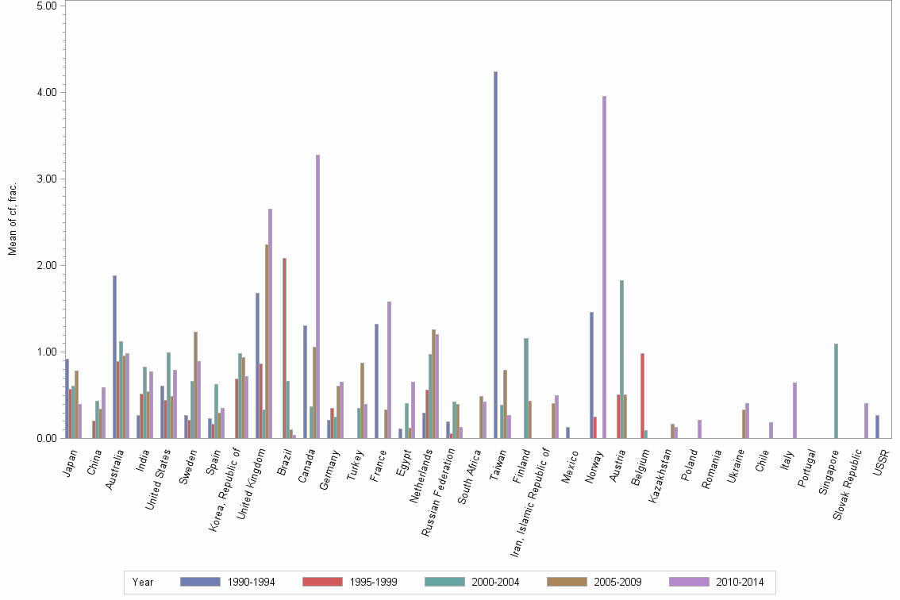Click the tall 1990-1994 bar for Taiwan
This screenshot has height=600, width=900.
tap(495, 254)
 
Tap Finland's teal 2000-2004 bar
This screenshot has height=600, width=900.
tap(526, 388)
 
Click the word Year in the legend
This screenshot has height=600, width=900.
tap(143, 582)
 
